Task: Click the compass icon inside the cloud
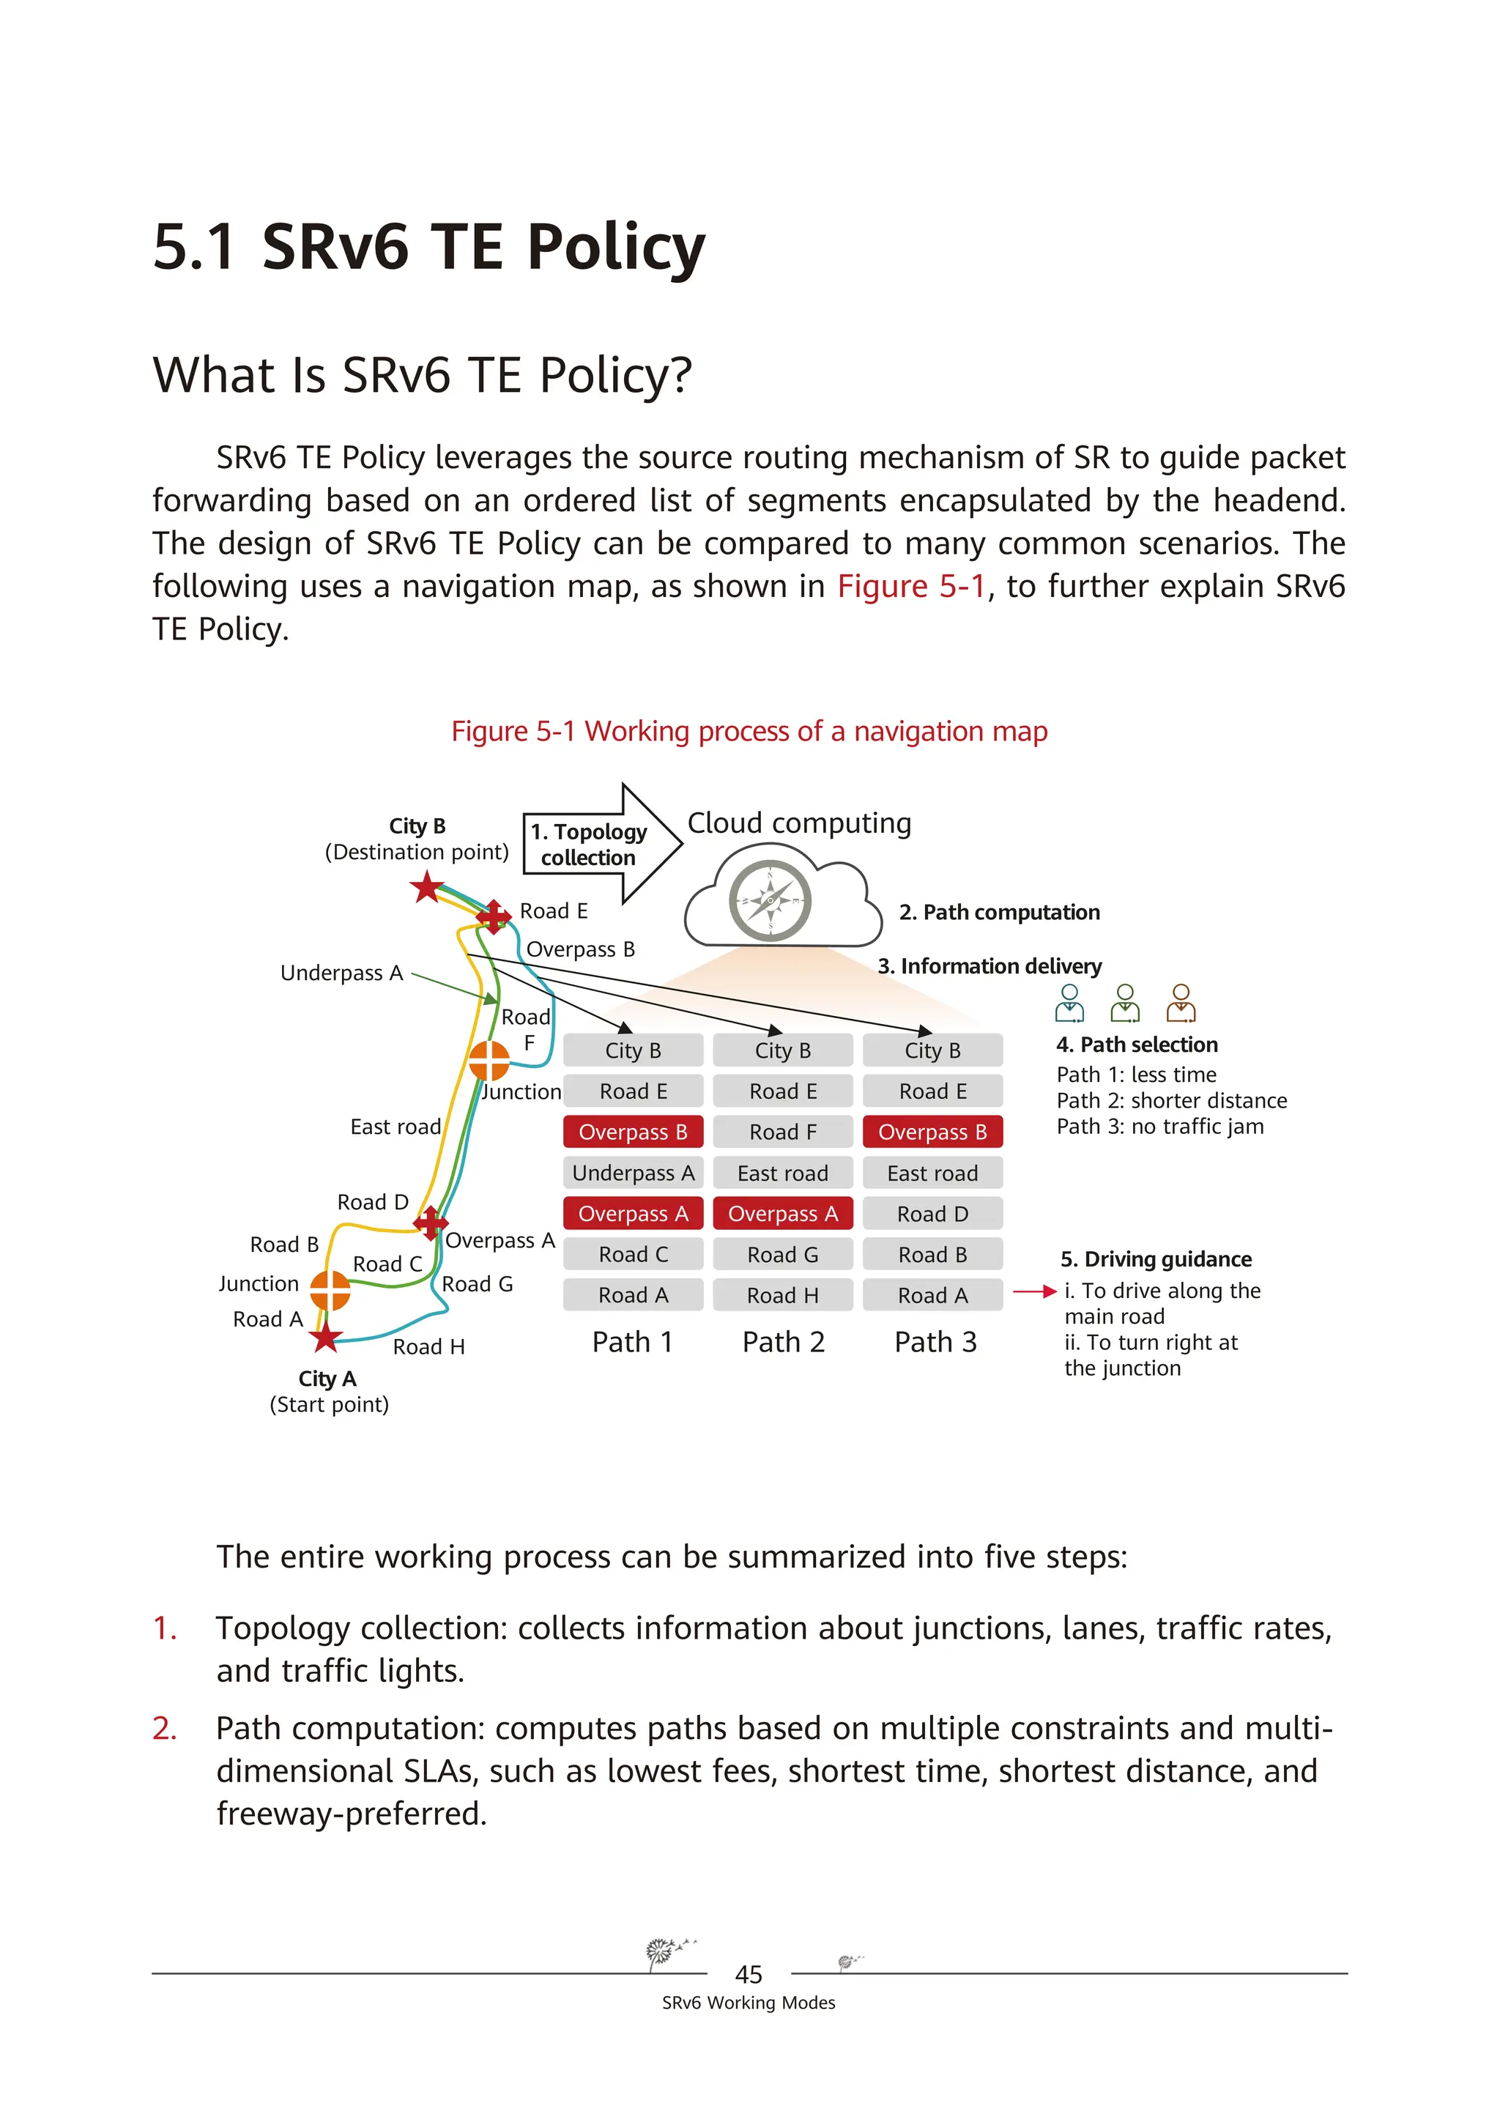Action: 770,900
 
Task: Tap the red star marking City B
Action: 426,889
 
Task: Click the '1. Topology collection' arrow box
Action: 597,844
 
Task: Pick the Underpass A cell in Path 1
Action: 633,1173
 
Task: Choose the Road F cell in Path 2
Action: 783,1132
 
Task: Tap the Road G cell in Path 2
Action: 783,1254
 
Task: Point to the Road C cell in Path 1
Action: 633,1254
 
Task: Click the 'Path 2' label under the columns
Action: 783,1342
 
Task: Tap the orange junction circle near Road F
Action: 489,1061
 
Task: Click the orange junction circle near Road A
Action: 330,1290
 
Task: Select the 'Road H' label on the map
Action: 428,1346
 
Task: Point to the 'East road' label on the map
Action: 395,1127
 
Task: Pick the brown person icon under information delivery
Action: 1181,1004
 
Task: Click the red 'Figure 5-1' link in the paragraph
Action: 910,586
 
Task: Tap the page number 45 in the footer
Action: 748,1974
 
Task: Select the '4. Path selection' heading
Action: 1136,1044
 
